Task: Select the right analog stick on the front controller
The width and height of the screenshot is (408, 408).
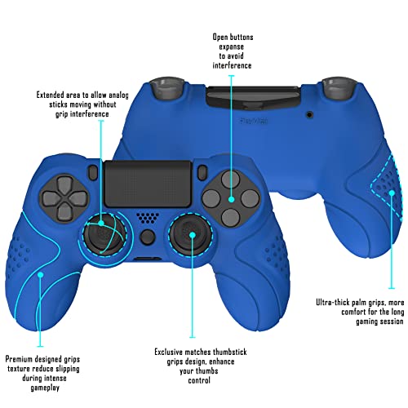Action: coord(192,235)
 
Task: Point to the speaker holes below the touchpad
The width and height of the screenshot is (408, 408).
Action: coord(147,219)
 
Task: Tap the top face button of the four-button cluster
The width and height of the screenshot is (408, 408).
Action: coord(231,178)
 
